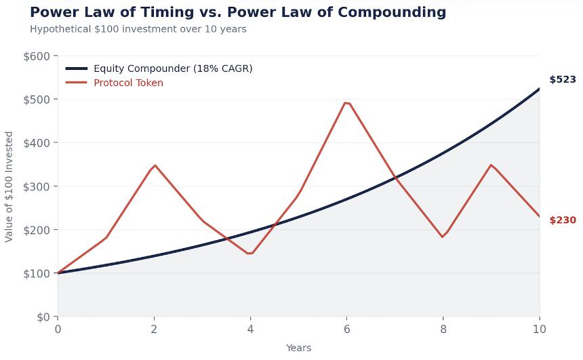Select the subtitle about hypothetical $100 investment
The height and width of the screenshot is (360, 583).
138,29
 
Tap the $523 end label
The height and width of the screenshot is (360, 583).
562,79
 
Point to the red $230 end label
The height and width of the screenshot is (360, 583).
562,220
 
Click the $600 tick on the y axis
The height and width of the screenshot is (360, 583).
37,56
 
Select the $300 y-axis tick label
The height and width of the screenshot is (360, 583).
37,186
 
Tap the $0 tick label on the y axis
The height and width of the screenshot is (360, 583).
42,317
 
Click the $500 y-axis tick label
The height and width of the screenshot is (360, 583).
37,100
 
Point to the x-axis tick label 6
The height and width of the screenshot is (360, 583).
346,329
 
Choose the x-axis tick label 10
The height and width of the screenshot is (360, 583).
540,329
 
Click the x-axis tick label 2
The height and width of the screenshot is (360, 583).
154,329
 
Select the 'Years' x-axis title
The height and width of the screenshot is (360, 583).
298,348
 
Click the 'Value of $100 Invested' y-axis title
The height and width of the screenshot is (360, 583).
9,186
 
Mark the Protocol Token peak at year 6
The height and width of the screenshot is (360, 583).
346,103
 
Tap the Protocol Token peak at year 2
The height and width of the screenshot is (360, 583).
155,165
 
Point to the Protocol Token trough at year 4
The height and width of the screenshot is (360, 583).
250,254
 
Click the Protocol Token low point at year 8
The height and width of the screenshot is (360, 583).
443,237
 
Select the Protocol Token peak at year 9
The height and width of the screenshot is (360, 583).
491,165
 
